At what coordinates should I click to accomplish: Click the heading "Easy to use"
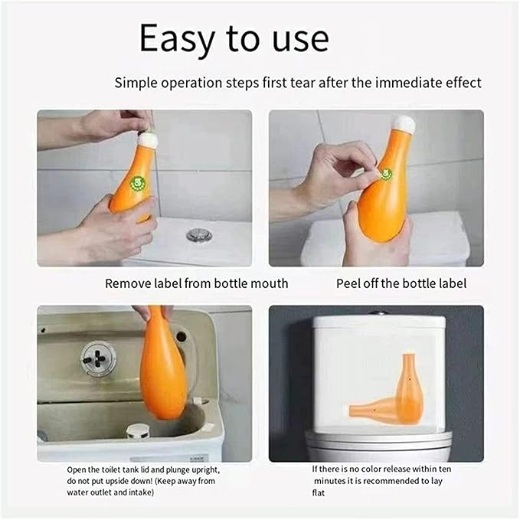coord(234,39)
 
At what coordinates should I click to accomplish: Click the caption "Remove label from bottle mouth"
coord(196,283)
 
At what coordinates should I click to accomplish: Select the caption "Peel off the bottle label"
coord(401,283)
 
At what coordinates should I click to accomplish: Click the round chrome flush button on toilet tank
coord(198,234)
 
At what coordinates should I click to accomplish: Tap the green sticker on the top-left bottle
coord(138,183)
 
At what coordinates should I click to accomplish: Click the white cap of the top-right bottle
coord(403,124)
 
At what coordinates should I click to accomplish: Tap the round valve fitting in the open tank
coord(99,358)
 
